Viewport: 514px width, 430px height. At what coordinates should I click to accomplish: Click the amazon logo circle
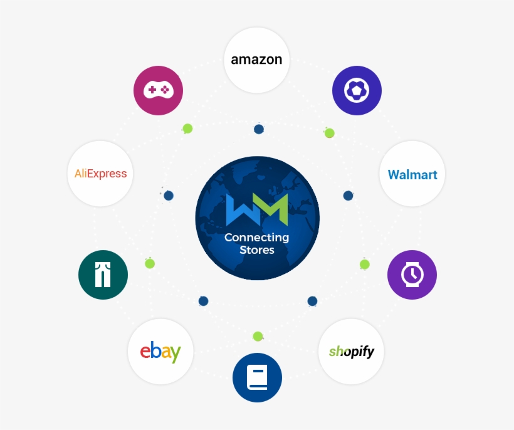click(x=256, y=60)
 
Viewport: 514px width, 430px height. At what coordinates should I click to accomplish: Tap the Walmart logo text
click(x=412, y=174)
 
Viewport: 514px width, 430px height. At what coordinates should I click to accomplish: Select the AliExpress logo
click(x=100, y=174)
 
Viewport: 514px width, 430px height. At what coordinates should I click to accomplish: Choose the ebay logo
click(x=160, y=351)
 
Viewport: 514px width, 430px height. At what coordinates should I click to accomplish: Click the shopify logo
click(x=351, y=351)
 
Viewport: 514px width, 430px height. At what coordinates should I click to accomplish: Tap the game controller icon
click(x=158, y=90)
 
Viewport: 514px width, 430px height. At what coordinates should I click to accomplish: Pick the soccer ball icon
click(x=357, y=91)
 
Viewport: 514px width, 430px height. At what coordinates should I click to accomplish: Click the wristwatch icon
click(x=412, y=275)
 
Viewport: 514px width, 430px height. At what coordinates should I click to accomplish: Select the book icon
click(x=257, y=378)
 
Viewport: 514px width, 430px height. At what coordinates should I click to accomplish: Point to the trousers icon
click(x=103, y=275)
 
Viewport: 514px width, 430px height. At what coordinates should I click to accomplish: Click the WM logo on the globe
click(x=257, y=210)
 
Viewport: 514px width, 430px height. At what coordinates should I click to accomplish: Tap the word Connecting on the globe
click(x=257, y=238)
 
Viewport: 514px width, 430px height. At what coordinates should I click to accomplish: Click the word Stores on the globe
click(x=257, y=250)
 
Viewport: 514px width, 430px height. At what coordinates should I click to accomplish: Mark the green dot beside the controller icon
click(x=187, y=128)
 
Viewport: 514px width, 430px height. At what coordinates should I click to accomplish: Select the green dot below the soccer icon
click(x=329, y=133)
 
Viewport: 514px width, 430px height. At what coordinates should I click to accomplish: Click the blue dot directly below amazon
click(x=258, y=129)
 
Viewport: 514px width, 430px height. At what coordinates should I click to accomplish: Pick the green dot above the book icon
click(x=258, y=337)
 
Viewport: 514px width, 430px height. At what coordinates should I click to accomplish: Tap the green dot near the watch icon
click(x=365, y=264)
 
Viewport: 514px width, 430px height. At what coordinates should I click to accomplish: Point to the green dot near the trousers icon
click(x=150, y=263)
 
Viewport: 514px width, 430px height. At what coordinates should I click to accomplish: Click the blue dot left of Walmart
click(x=348, y=196)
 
